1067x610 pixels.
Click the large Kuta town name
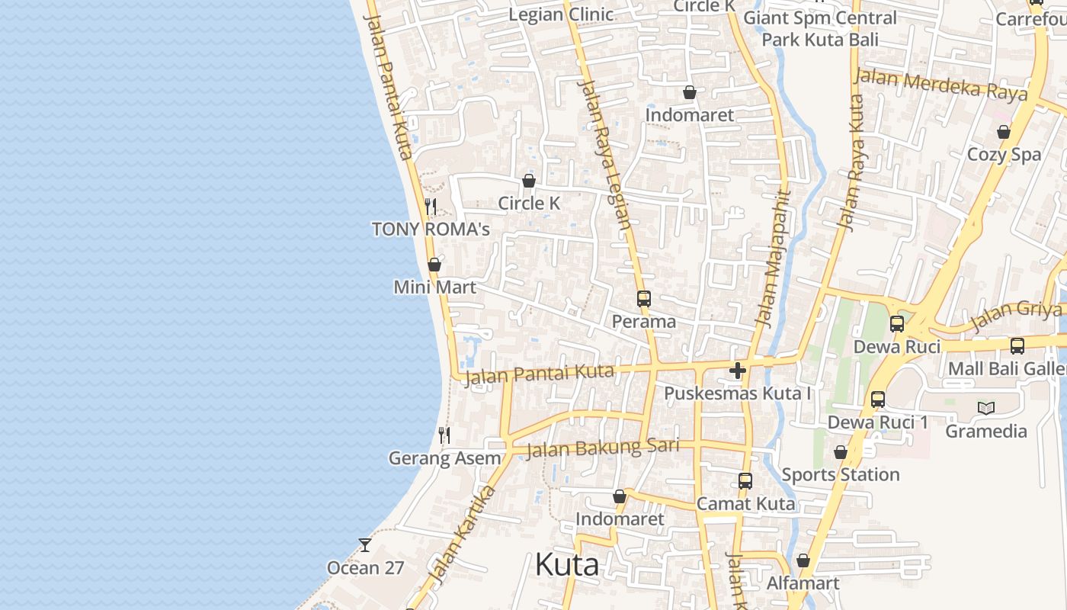coord(566,565)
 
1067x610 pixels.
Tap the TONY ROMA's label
coord(431,229)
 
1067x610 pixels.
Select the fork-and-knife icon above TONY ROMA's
coord(431,207)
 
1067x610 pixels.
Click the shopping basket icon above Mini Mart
coord(434,265)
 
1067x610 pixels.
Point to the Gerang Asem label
coord(445,458)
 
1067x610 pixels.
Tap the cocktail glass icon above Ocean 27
coord(365,545)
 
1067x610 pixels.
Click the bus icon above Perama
coord(644,299)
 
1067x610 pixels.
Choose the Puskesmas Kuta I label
coord(737,393)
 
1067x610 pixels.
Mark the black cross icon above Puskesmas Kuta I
coord(737,371)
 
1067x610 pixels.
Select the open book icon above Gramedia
coord(986,409)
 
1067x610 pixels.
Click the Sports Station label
coord(841,474)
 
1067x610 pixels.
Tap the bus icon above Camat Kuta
coord(745,481)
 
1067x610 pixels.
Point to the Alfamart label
coord(803,583)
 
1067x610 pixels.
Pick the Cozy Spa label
coord(1004,154)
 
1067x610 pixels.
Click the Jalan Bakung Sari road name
coord(602,448)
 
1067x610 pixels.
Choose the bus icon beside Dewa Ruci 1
coord(878,399)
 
